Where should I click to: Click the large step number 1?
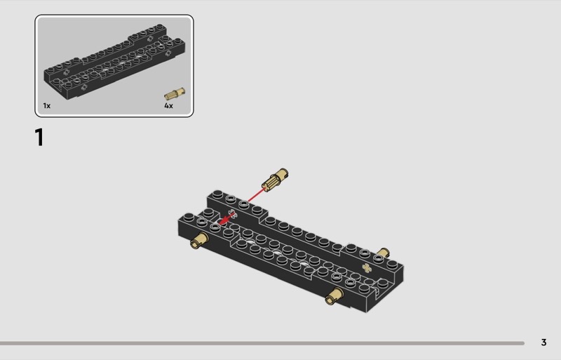tap(39, 138)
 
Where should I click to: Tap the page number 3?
tap(543, 342)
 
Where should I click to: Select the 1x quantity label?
tap(47, 106)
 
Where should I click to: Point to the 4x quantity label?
tap(168, 106)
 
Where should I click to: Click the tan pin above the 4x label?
tap(175, 93)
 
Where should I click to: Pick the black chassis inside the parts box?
tap(114, 62)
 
